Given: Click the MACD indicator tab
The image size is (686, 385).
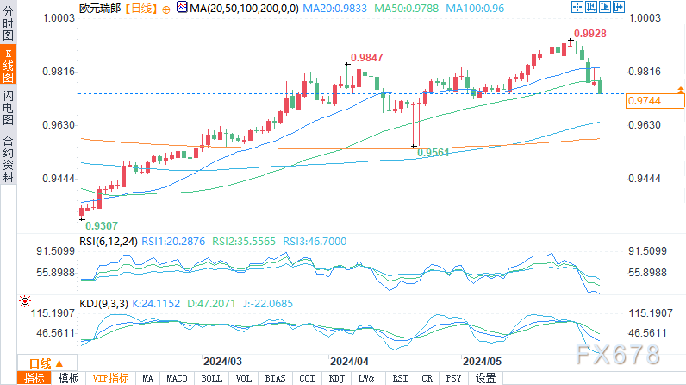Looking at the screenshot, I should (x=177, y=378).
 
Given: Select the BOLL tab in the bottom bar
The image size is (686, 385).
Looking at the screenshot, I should (x=211, y=378).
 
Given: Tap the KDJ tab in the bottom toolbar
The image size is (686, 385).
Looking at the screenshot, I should (x=336, y=378).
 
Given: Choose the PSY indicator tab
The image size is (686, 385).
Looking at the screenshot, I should (x=453, y=378).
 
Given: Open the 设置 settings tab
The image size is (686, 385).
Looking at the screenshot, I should (x=486, y=378).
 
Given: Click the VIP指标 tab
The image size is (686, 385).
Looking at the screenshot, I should (x=111, y=378).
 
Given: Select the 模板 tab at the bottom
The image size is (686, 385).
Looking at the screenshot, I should (x=68, y=378).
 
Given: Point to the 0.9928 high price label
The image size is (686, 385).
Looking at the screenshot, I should (x=590, y=33).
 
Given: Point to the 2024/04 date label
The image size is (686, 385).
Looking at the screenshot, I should (x=350, y=360).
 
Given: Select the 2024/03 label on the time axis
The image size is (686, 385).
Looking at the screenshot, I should (x=222, y=360).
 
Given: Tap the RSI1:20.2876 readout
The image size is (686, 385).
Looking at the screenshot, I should (x=178, y=243).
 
